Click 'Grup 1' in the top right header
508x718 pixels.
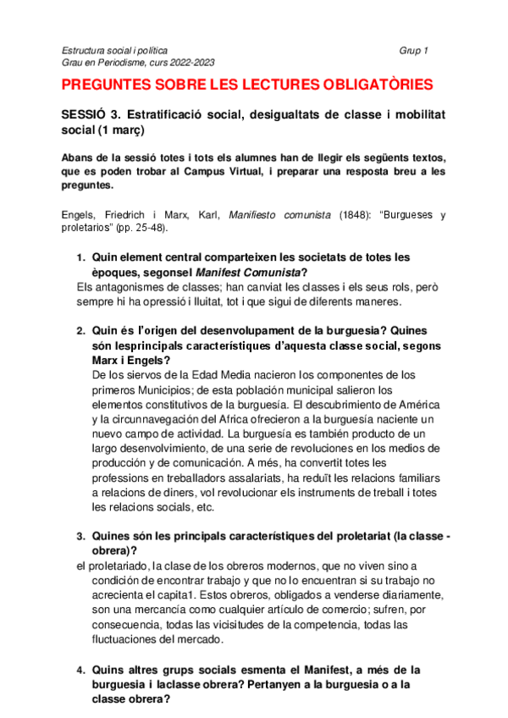413,51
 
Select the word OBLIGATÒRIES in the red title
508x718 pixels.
370,85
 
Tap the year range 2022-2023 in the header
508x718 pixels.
191,63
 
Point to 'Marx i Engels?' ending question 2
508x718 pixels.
129,360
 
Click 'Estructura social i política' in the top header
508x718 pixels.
115,51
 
